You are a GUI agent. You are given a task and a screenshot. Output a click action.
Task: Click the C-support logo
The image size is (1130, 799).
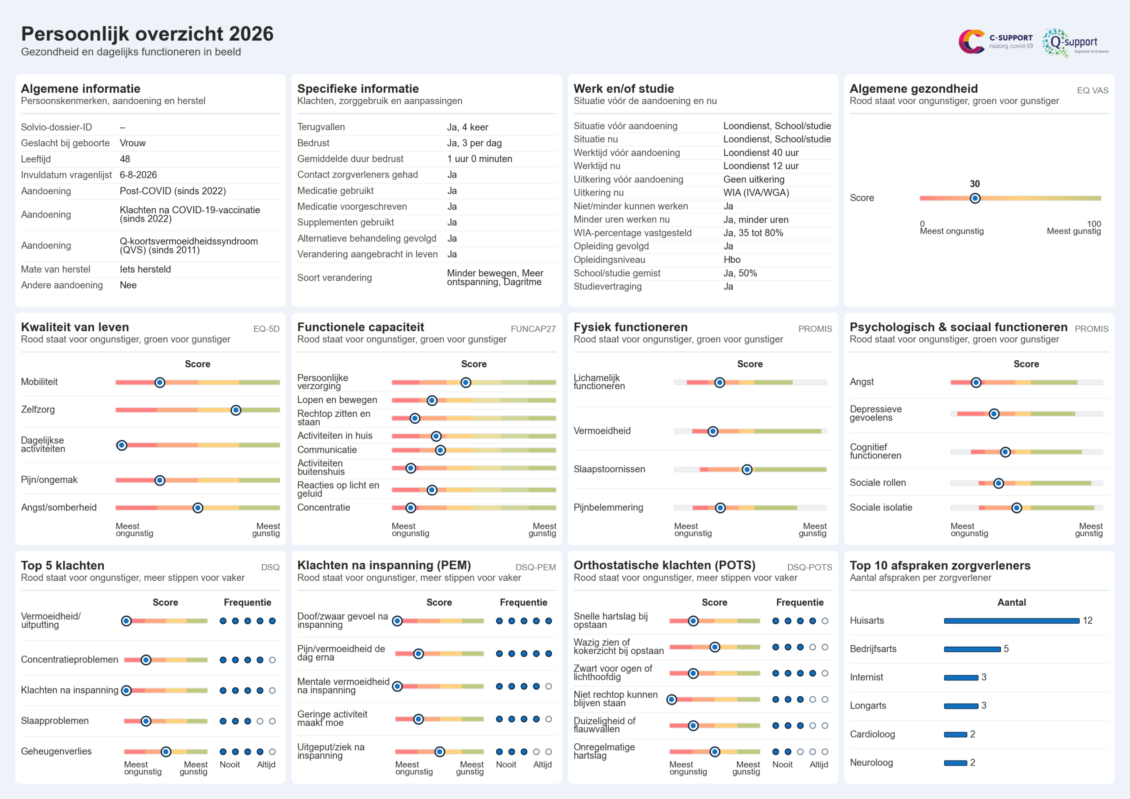(x=995, y=41)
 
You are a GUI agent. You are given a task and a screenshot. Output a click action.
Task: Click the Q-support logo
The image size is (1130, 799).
(x=1075, y=42)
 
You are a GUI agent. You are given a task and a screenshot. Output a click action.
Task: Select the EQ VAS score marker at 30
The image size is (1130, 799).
(x=975, y=198)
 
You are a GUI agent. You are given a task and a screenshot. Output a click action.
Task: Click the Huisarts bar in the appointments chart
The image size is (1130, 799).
(x=1011, y=621)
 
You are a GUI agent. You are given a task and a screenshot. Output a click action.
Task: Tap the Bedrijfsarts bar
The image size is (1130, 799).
(x=972, y=649)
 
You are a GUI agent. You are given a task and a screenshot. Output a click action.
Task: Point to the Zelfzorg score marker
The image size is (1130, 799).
(x=236, y=410)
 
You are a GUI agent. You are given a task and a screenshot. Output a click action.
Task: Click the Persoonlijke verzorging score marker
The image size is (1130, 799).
(x=466, y=383)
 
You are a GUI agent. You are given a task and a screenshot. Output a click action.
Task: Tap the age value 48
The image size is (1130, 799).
(x=125, y=159)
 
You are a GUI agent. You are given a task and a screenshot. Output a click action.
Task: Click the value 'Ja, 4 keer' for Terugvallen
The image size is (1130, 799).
(x=467, y=127)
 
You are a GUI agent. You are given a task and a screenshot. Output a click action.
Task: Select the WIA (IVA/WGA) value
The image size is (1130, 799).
(x=756, y=192)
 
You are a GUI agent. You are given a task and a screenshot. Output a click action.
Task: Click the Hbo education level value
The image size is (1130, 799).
(x=732, y=260)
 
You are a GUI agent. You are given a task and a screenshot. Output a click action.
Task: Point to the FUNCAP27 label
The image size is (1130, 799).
(x=533, y=329)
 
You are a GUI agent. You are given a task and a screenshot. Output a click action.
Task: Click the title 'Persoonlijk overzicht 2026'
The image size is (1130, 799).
(x=147, y=34)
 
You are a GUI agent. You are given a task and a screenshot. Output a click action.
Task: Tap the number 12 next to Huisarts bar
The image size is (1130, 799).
(x=1088, y=621)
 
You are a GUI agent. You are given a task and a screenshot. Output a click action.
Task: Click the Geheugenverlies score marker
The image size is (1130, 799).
(x=166, y=752)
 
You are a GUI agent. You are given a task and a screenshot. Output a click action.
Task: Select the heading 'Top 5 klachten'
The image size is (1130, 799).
(x=63, y=565)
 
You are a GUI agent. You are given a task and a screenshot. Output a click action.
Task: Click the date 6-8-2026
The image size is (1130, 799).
(x=138, y=175)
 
